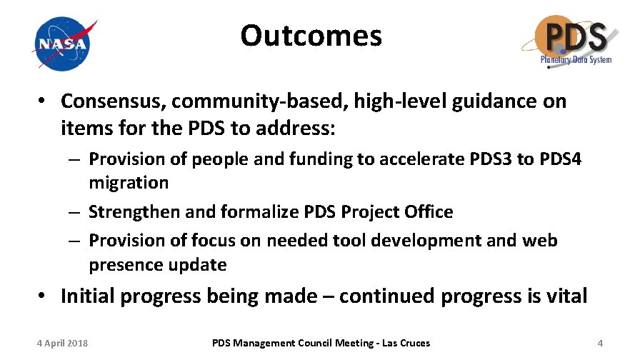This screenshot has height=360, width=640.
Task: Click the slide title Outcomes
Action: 311,35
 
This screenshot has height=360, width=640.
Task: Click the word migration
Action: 129,183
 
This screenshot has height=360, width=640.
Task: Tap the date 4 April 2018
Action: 62,344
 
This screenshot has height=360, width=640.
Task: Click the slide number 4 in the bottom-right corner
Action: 600,344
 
